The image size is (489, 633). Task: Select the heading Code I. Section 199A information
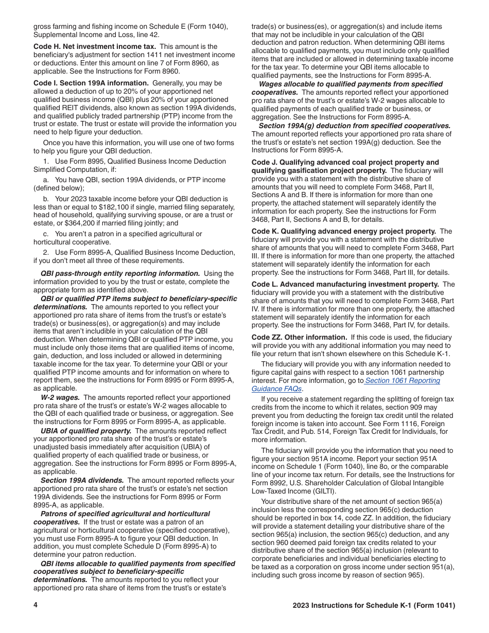[92, 83]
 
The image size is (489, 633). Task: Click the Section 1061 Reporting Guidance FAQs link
[402, 381]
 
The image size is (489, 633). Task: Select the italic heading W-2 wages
[60, 397]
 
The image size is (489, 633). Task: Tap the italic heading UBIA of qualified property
[86, 431]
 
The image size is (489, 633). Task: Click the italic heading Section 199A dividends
[82, 480]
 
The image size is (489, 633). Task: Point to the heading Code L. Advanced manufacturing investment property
[345, 284]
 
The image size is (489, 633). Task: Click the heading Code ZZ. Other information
[299, 337]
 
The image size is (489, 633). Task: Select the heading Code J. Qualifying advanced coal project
[345, 162]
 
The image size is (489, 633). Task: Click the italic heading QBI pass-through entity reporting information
[120, 273]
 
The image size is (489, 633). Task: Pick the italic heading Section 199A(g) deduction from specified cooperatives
[355, 126]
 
